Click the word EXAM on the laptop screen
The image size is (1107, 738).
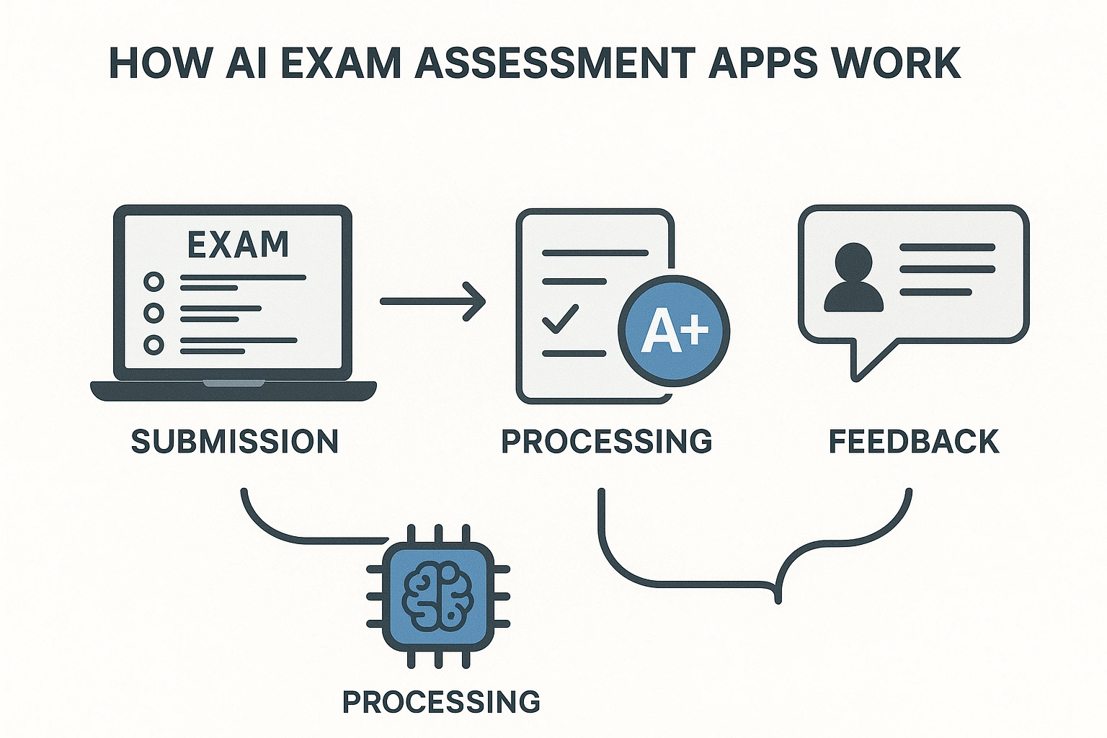(x=238, y=245)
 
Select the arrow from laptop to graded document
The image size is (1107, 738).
(x=432, y=301)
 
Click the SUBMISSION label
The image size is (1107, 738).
(x=235, y=441)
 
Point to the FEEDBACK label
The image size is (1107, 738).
(x=914, y=441)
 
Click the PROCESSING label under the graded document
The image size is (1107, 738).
(x=607, y=441)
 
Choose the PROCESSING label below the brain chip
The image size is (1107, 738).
(x=441, y=701)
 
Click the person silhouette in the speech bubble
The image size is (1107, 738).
(x=853, y=277)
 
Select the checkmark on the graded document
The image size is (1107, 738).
(x=560, y=319)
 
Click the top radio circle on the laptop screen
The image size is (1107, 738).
(x=154, y=281)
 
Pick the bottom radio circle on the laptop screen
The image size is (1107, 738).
(x=154, y=344)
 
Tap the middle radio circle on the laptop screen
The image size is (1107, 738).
(x=154, y=313)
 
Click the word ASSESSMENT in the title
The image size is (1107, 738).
(x=555, y=63)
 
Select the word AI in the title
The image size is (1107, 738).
(x=246, y=63)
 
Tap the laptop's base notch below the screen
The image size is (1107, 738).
(x=233, y=383)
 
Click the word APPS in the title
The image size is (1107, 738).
(x=763, y=63)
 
